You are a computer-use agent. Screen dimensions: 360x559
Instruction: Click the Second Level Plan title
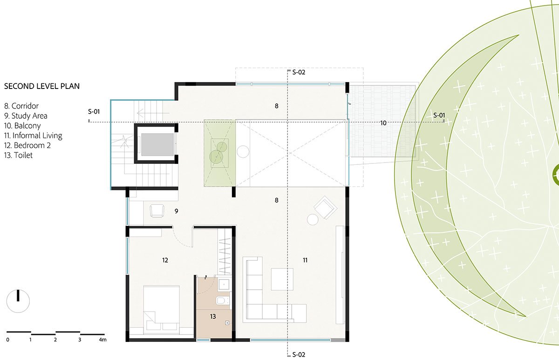click(x=42, y=86)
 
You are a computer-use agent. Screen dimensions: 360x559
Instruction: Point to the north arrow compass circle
click(x=18, y=301)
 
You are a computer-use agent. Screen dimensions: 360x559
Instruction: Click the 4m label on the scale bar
click(x=102, y=340)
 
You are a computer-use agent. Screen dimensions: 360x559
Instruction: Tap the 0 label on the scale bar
click(x=8, y=340)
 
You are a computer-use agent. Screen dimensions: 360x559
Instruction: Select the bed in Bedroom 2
click(x=162, y=308)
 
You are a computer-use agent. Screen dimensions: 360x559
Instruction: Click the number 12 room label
click(x=165, y=260)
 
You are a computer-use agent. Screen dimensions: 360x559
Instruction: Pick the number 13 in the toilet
click(x=213, y=316)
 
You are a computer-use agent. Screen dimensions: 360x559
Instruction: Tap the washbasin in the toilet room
click(x=223, y=283)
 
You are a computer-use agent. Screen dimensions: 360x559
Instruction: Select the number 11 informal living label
click(x=305, y=260)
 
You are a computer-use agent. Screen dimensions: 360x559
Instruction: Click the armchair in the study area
click(x=157, y=211)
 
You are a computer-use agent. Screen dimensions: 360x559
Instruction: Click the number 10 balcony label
click(x=383, y=123)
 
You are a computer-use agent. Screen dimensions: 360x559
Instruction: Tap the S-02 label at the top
click(x=299, y=72)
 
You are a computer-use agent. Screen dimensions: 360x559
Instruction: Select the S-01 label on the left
click(x=94, y=112)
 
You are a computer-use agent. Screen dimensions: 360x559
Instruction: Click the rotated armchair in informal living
click(x=325, y=207)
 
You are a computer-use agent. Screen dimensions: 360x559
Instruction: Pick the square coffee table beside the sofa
click(x=282, y=279)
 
